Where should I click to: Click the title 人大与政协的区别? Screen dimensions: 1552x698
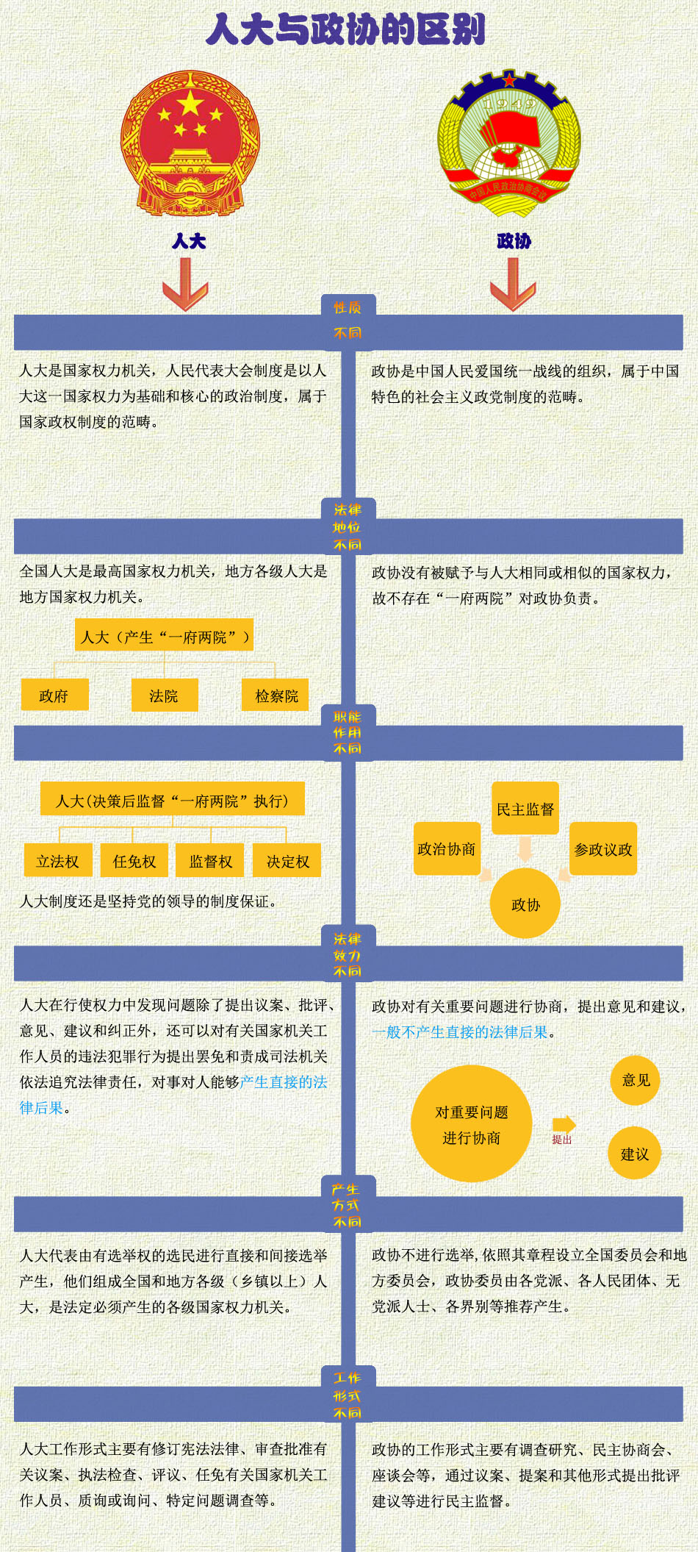tap(346, 30)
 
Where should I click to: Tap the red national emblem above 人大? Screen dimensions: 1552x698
tap(190, 144)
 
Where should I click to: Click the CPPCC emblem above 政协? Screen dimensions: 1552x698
tap(509, 144)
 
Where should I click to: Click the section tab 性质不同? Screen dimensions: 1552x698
tap(348, 320)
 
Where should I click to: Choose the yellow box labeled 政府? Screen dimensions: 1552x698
tap(54, 695)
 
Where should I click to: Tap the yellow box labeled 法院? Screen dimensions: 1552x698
tap(164, 695)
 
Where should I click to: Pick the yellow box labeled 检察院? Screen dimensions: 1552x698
tap(276, 695)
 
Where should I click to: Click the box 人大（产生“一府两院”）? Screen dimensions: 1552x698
tap(164, 636)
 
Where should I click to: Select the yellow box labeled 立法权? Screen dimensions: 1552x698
tap(58, 861)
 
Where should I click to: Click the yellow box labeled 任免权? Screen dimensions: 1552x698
tap(134, 861)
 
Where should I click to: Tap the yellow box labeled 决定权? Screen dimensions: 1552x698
tap(287, 861)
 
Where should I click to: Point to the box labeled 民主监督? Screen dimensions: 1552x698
tap(525, 809)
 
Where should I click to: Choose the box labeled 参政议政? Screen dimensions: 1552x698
tap(603, 849)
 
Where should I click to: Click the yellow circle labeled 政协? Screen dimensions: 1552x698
tap(525, 904)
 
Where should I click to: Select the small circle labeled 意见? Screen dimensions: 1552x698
tap(636, 1080)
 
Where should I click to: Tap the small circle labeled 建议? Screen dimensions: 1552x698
tap(635, 1154)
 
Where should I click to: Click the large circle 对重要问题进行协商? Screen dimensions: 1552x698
tap(471, 1124)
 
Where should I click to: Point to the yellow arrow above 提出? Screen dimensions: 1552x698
tap(564, 1123)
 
